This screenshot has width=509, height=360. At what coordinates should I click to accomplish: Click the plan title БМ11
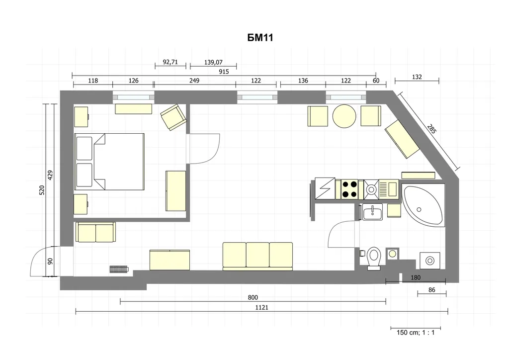tap(260, 38)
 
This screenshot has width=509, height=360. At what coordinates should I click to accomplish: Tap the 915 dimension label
tap(224, 72)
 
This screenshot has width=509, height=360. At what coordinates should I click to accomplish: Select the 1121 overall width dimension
tap(261, 307)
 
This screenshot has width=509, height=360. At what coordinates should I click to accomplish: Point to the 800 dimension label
tap(253, 297)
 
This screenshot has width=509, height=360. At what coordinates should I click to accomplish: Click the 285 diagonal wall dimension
tap(432, 129)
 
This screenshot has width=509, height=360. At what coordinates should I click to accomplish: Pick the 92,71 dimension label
tap(170, 62)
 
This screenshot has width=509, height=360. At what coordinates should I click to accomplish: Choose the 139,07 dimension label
tap(213, 62)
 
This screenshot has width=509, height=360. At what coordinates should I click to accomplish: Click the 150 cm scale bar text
tap(416, 333)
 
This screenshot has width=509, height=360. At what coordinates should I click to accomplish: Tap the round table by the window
tap(344, 115)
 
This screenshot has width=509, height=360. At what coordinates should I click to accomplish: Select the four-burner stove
tap(349, 189)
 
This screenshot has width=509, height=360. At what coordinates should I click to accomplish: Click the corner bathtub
tap(423, 205)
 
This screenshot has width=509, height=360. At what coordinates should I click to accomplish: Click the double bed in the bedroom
tap(109, 161)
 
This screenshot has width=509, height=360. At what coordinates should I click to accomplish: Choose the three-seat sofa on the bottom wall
tap(257, 256)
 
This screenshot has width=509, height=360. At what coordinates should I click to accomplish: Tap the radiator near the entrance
tap(119, 269)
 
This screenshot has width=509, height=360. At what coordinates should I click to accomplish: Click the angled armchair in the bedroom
tap(173, 117)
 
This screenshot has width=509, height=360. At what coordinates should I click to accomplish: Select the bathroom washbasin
tap(372, 212)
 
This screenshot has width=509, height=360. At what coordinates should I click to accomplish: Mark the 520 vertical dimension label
tap(42, 190)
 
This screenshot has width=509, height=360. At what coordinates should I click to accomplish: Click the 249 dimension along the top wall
tap(194, 81)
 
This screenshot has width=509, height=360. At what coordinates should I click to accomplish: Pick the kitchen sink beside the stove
tap(371, 189)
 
